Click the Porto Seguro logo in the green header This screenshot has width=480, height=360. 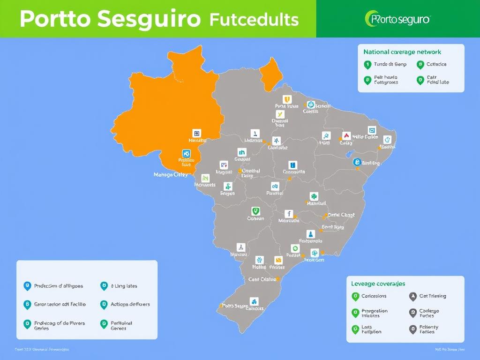point(397,19)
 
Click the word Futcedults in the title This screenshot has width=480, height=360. point(254,19)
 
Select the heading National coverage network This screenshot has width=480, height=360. point(402,52)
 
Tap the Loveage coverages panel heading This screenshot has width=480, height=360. point(378,284)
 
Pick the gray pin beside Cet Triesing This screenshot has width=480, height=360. point(412,296)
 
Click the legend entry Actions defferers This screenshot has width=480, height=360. point(130,304)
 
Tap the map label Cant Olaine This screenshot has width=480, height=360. point(262,279)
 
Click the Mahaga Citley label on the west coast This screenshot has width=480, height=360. point(171,174)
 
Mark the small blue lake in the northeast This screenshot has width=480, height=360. point(349,154)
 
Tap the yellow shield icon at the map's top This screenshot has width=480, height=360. point(287,99)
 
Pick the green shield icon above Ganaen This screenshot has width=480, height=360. point(255,211)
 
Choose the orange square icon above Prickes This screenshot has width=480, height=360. point(278,260)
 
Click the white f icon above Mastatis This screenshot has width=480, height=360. point(289,213)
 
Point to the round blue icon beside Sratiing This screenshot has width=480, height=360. point(357,162)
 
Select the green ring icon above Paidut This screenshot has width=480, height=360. point(295,248)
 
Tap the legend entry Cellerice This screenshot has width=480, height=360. point(436,64)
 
